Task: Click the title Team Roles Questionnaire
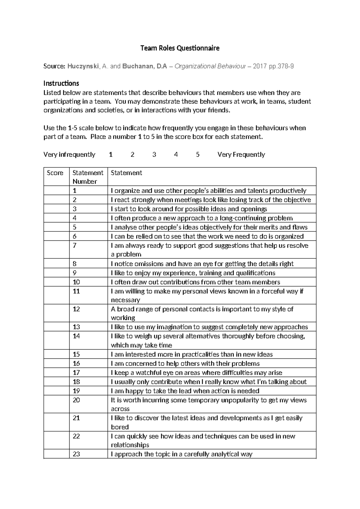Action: [180, 48]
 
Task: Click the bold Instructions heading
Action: [61, 83]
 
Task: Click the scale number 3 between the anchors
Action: [154, 155]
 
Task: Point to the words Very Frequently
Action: [241, 155]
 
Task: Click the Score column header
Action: [55, 173]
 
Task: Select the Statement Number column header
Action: [88, 177]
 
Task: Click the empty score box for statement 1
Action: [56, 191]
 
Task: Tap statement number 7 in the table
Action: [75, 245]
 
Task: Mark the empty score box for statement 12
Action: [56, 313]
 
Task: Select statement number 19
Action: [76, 391]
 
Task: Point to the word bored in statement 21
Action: [120, 427]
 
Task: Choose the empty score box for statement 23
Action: [56, 454]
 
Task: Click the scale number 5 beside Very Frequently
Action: [198, 155]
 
